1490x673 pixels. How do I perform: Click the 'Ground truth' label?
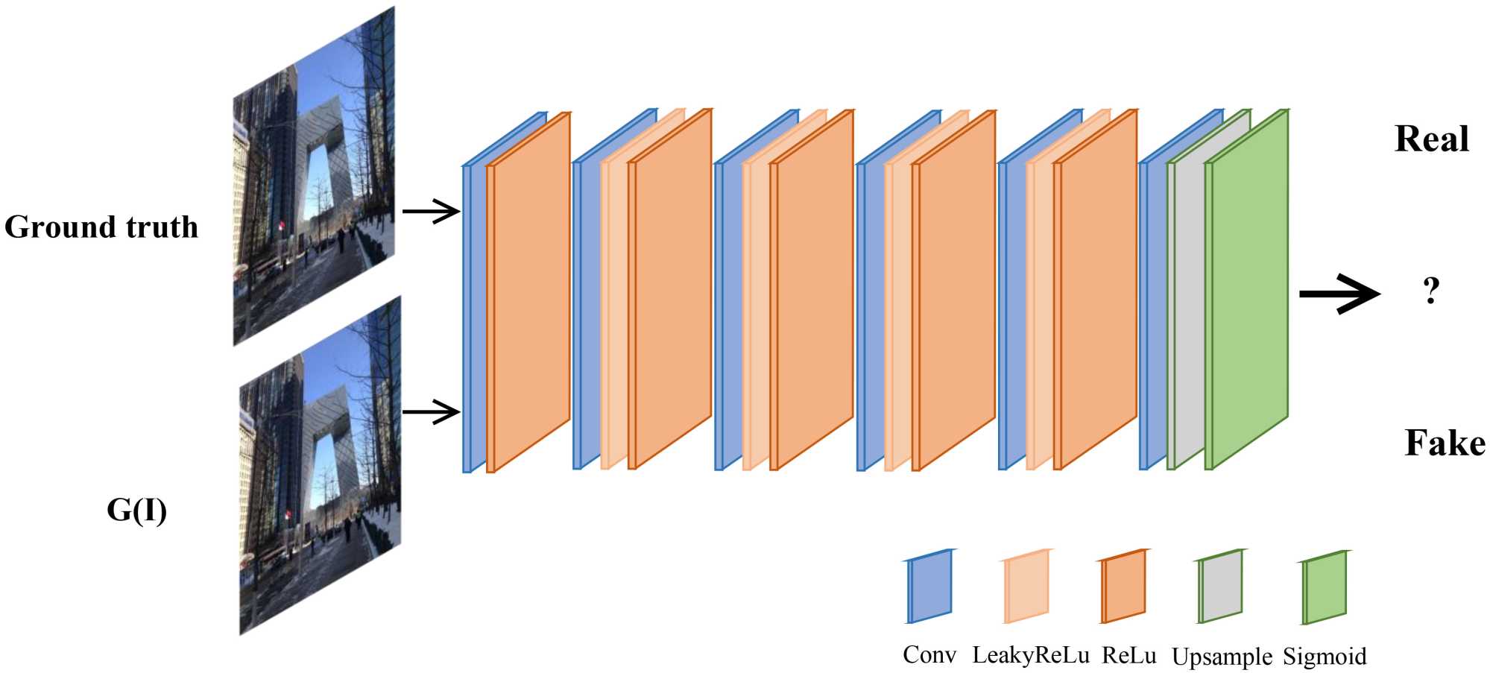pyautogui.click(x=101, y=227)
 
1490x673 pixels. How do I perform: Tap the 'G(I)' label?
pyautogui.click(x=136, y=511)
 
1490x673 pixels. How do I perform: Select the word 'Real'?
pyautogui.click(x=1431, y=139)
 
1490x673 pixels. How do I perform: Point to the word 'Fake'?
pyautogui.click(x=1445, y=443)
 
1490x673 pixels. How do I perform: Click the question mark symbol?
pyautogui.click(x=1430, y=291)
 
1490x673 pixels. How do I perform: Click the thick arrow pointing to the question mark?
pyautogui.click(x=1339, y=294)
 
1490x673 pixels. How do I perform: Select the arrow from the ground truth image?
pyautogui.click(x=431, y=212)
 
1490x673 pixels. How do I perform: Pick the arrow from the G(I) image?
pyautogui.click(x=431, y=411)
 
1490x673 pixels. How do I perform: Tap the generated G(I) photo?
pyautogui.click(x=321, y=466)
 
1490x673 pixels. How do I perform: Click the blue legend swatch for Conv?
pyautogui.click(x=929, y=587)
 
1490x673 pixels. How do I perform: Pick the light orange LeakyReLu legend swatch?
pyautogui.click(x=1026, y=587)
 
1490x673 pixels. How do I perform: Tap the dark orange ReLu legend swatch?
pyautogui.click(x=1123, y=587)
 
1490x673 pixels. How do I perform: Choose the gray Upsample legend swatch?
pyautogui.click(x=1220, y=587)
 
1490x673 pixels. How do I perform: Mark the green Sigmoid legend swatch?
pyautogui.click(x=1325, y=587)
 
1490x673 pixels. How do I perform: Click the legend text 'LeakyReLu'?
pyautogui.click(x=1030, y=656)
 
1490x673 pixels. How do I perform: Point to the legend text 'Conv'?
pyautogui.click(x=929, y=656)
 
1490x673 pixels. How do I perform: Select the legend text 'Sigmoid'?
pyautogui.click(x=1325, y=657)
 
